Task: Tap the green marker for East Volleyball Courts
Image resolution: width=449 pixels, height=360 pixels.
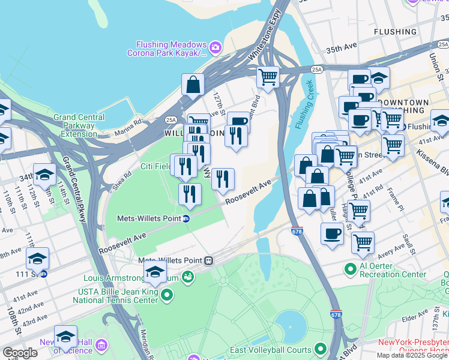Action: point(321,349)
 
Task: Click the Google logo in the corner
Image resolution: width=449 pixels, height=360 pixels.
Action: point(20,352)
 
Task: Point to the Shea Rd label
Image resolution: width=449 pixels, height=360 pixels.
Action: point(122,180)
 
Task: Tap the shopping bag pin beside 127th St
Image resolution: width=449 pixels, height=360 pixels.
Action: point(193,85)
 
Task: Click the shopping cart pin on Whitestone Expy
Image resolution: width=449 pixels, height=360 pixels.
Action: point(268,77)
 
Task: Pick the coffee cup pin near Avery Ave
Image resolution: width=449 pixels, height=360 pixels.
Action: point(331,234)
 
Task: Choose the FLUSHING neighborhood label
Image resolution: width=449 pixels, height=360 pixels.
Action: point(394,31)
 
